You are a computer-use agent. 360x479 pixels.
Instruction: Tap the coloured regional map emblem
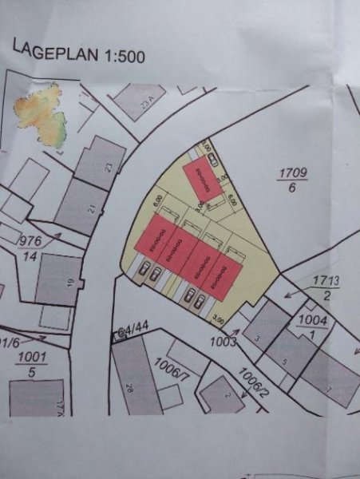[x=40, y=120]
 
